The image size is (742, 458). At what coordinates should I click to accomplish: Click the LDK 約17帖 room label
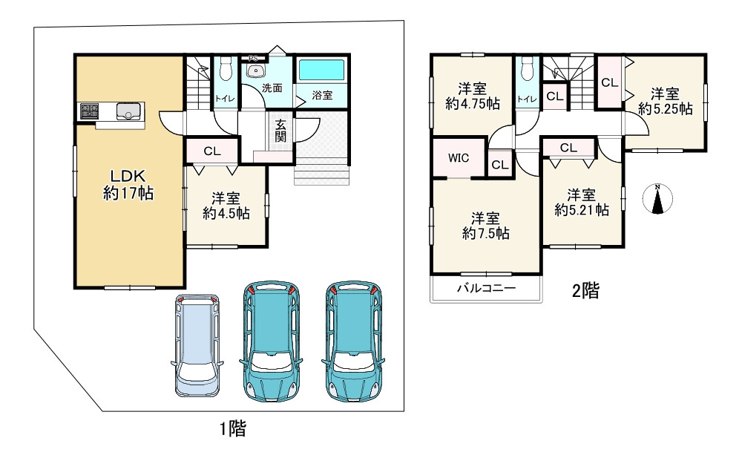[x=128, y=185]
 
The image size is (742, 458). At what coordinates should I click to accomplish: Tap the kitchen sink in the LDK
[x=128, y=111]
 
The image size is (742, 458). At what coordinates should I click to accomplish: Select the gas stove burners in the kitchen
[x=90, y=111]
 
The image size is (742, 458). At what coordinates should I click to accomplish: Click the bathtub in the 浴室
[x=321, y=70]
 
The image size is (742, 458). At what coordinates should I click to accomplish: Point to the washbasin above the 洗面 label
[x=255, y=72]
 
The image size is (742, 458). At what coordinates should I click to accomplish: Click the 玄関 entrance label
[x=280, y=131]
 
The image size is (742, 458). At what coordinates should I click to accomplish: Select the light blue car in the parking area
[x=197, y=345]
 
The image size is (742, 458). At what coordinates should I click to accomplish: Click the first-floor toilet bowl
[x=226, y=69]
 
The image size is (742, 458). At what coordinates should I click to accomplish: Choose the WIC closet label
[x=459, y=158]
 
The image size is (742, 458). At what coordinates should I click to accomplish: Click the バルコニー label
[x=486, y=288]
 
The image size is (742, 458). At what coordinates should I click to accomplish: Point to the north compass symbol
[x=657, y=198]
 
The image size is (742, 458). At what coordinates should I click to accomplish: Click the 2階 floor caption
[x=586, y=290]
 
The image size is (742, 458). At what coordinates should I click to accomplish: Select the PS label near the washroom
[x=254, y=58]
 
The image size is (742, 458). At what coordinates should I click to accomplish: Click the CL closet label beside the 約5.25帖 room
[x=609, y=82]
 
